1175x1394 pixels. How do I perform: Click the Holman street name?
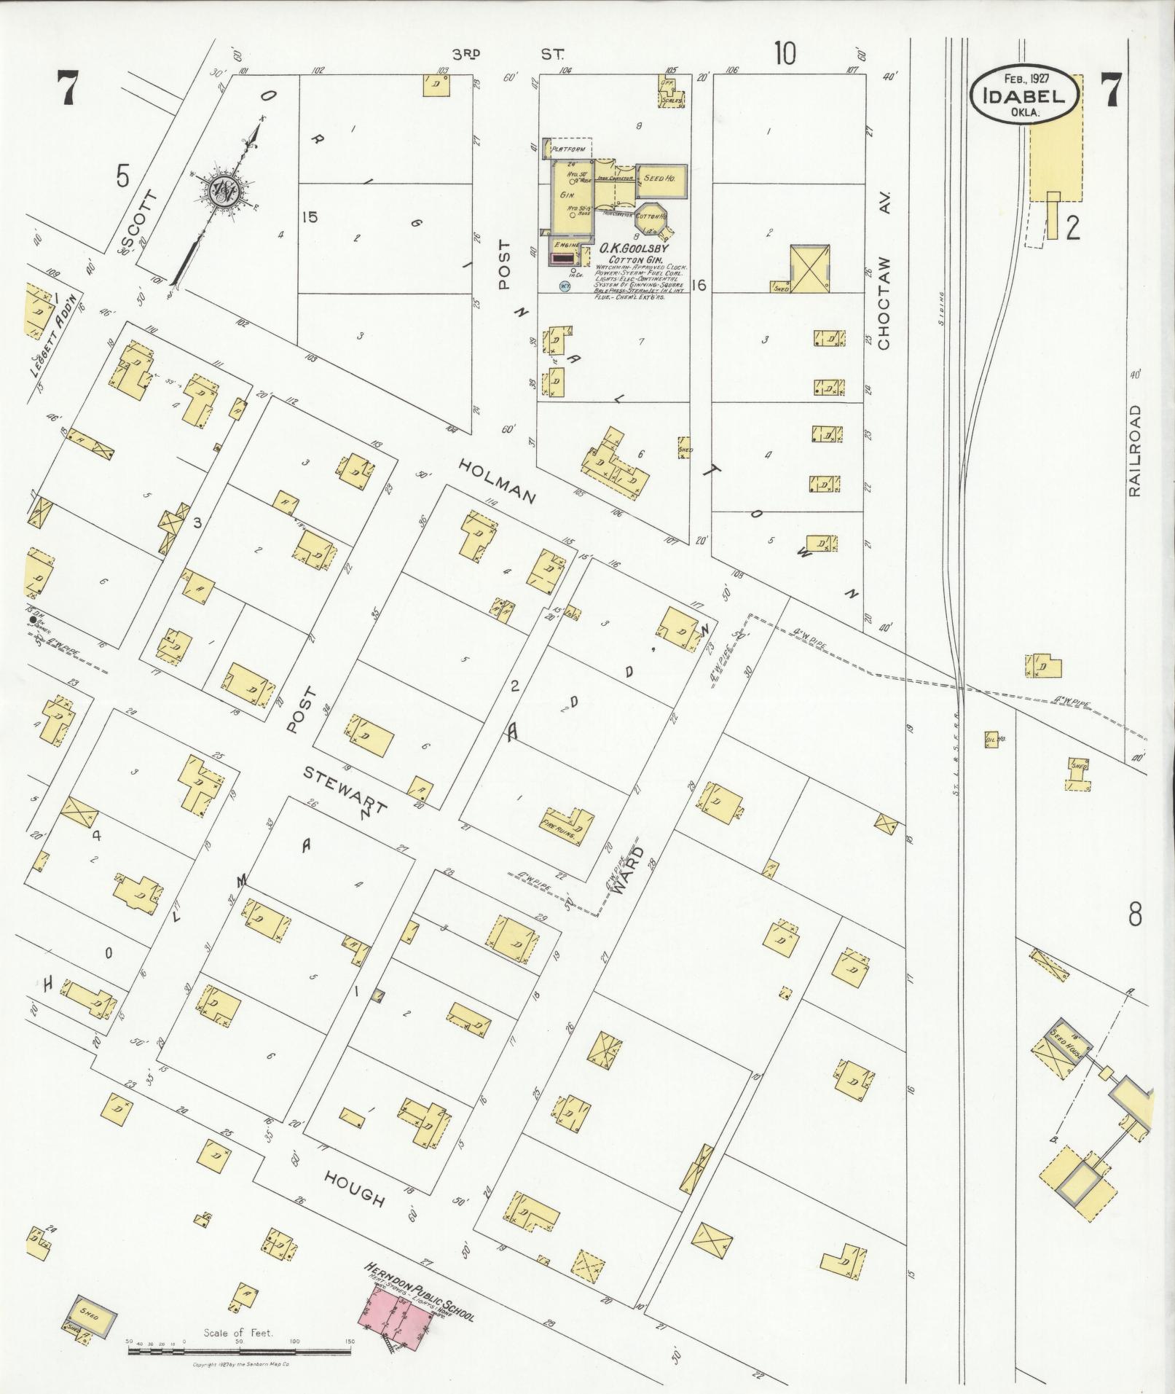[x=500, y=479]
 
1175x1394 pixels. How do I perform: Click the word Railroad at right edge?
[x=1133, y=452]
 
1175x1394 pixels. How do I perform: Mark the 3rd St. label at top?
[x=506, y=54]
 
